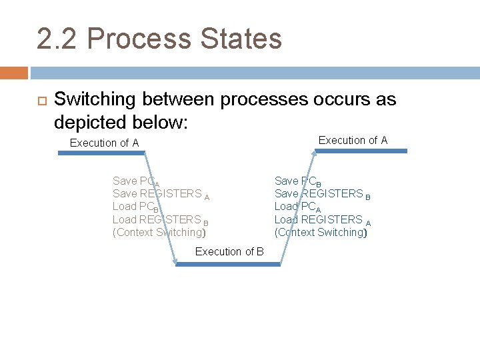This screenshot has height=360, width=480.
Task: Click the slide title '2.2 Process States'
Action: tap(159, 39)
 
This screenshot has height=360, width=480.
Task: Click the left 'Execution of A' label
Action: tap(104, 143)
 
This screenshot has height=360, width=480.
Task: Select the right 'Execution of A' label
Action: tap(353, 140)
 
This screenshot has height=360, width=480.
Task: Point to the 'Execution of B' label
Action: tap(229, 251)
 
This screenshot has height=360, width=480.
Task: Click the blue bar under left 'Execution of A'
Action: tap(101, 153)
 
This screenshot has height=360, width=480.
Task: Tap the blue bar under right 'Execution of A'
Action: tap(361, 151)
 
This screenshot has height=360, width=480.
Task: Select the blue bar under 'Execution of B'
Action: tap(228, 264)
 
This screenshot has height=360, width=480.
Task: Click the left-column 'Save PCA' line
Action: tap(136, 181)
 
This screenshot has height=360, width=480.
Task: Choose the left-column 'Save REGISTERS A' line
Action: tap(161, 194)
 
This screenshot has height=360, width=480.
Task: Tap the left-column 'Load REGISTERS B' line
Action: tap(160, 220)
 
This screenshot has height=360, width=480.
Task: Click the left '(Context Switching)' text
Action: tap(159, 233)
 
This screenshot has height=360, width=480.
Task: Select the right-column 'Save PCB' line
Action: tap(298, 181)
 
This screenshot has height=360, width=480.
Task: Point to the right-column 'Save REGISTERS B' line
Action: tap(322, 194)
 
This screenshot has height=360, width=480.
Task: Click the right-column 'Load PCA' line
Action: tap(297, 207)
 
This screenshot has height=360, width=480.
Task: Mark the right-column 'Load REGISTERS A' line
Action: tap(322, 220)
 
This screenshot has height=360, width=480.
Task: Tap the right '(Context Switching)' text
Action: tap(321, 233)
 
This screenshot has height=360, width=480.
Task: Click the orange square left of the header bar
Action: tap(13, 72)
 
